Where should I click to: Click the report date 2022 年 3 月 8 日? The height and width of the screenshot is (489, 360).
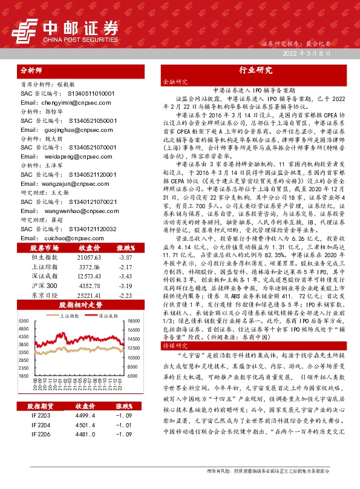coord(308,54)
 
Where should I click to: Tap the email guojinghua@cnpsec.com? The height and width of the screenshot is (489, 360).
coord(60,129)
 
